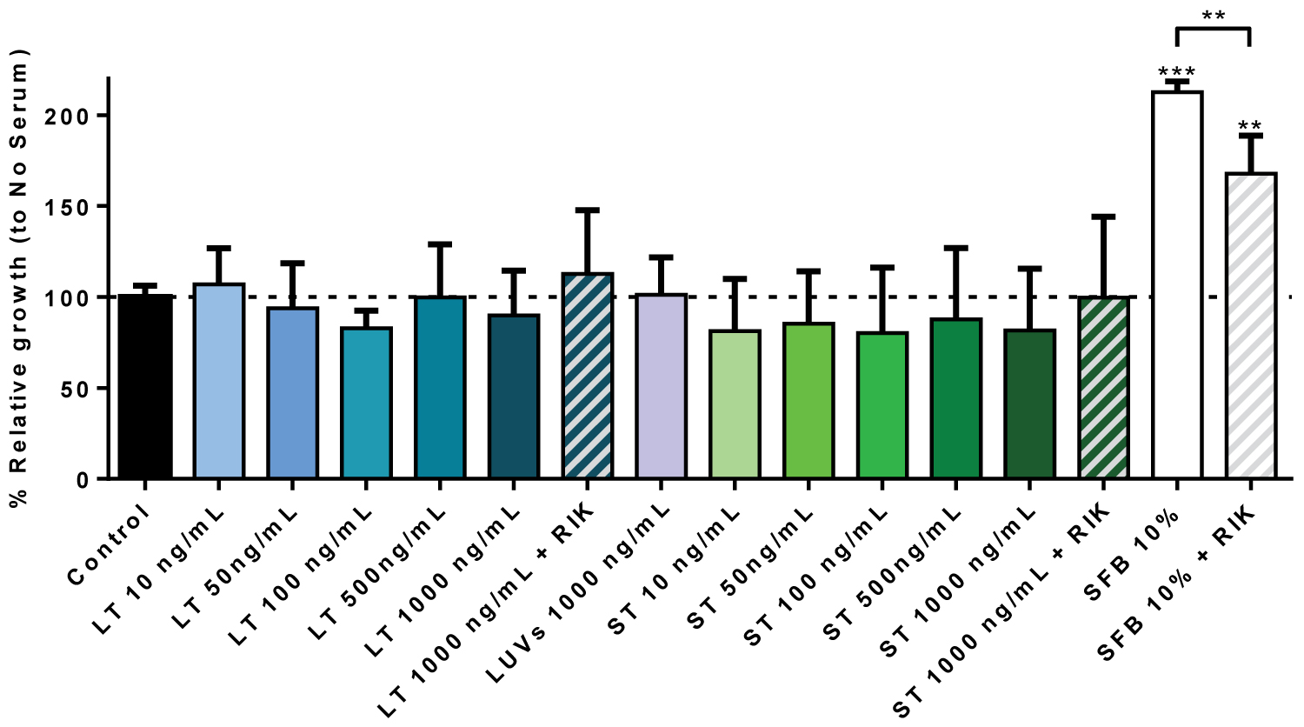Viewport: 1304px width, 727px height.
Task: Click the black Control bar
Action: tap(145, 387)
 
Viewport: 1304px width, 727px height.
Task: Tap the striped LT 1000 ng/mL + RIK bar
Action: tap(588, 376)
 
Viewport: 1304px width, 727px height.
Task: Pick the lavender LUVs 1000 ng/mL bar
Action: tap(662, 386)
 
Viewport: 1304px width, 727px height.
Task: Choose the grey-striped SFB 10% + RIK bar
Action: tap(1251, 326)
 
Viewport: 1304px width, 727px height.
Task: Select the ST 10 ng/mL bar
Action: tap(735, 404)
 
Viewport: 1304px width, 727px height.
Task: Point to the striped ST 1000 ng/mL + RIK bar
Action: tap(1103, 388)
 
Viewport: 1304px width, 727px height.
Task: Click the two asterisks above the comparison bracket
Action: tap(1214, 16)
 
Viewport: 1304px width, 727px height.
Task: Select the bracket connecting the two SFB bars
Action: tap(1213, 30)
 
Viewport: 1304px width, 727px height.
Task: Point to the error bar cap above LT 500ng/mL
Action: tap(440, 244)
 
